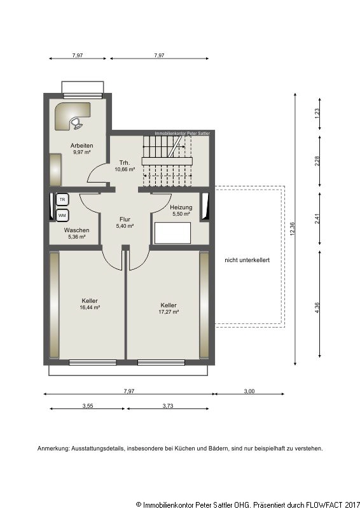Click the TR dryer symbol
tap(62, 200)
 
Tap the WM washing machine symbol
tap(62, 215)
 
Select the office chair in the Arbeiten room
tap(76, 123)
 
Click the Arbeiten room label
tap(82, 146)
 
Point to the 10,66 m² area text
tap(125, 169)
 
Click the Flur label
tap(125, 220)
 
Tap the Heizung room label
tap(181, 207)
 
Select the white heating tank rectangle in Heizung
tap(172, 233)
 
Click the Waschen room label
tap(76, 230)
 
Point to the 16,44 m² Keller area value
tap(90, 307)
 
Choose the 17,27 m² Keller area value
tap(169, 312)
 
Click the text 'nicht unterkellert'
tap(247, 260)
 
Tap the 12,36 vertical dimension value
tap(293, 229)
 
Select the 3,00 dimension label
tap(249, 391)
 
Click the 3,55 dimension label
tap(88, 406)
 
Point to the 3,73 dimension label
tap(168, 406)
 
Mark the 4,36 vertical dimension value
tap(317, 308)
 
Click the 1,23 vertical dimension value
tap(317, 113)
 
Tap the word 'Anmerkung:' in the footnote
tap(53, 449)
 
